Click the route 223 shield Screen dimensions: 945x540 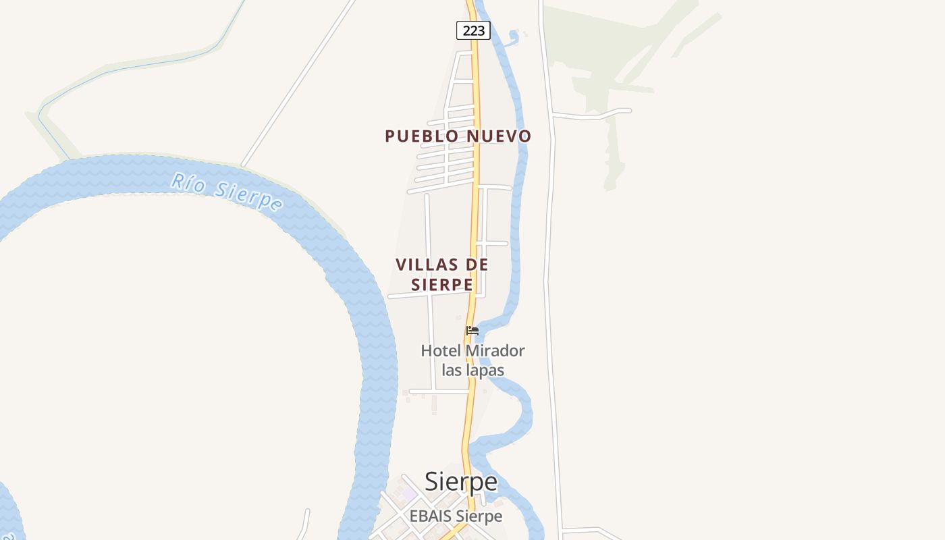click(473, 30)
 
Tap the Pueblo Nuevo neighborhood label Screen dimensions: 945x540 click(458, 136)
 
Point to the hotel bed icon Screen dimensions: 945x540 click(473, 331)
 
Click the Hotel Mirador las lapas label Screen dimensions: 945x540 click(473, 360)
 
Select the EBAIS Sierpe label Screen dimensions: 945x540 click(456, 516)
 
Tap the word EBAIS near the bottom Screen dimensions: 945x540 click(431, 516)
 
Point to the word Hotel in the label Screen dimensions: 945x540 click(440, 351)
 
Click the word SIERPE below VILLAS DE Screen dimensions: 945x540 click(442, 285)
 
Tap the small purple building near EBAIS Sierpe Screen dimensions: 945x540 click(409, 494)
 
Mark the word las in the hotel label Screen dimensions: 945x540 click(452, 371)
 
